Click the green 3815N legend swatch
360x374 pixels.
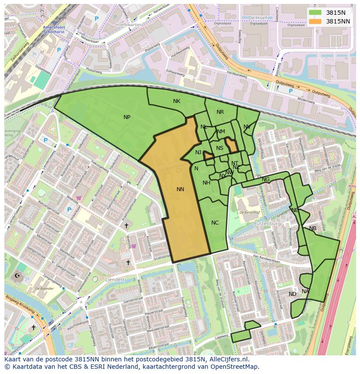[x=315, y=13]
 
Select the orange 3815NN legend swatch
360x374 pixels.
[x=315, y=21]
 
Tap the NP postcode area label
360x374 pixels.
[x=127, y=117]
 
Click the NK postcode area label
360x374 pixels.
[x=177, y=101]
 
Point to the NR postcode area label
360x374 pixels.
[x=220, y=112]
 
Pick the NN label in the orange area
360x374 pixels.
[x=180, y=189]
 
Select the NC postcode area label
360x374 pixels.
[x=215, y=223]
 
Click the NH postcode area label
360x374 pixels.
[x=207, y=183]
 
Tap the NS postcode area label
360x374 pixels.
[x=220, y=148]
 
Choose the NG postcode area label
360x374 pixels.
[x=266, y=179]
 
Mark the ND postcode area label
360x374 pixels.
[x=293, y=294]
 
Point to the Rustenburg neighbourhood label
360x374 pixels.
[x=267, y=224]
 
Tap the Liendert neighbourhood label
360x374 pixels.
[x=115, y=280]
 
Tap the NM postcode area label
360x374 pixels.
[x=221, y=132]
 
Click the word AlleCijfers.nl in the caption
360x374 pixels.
[x=228, y=359]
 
